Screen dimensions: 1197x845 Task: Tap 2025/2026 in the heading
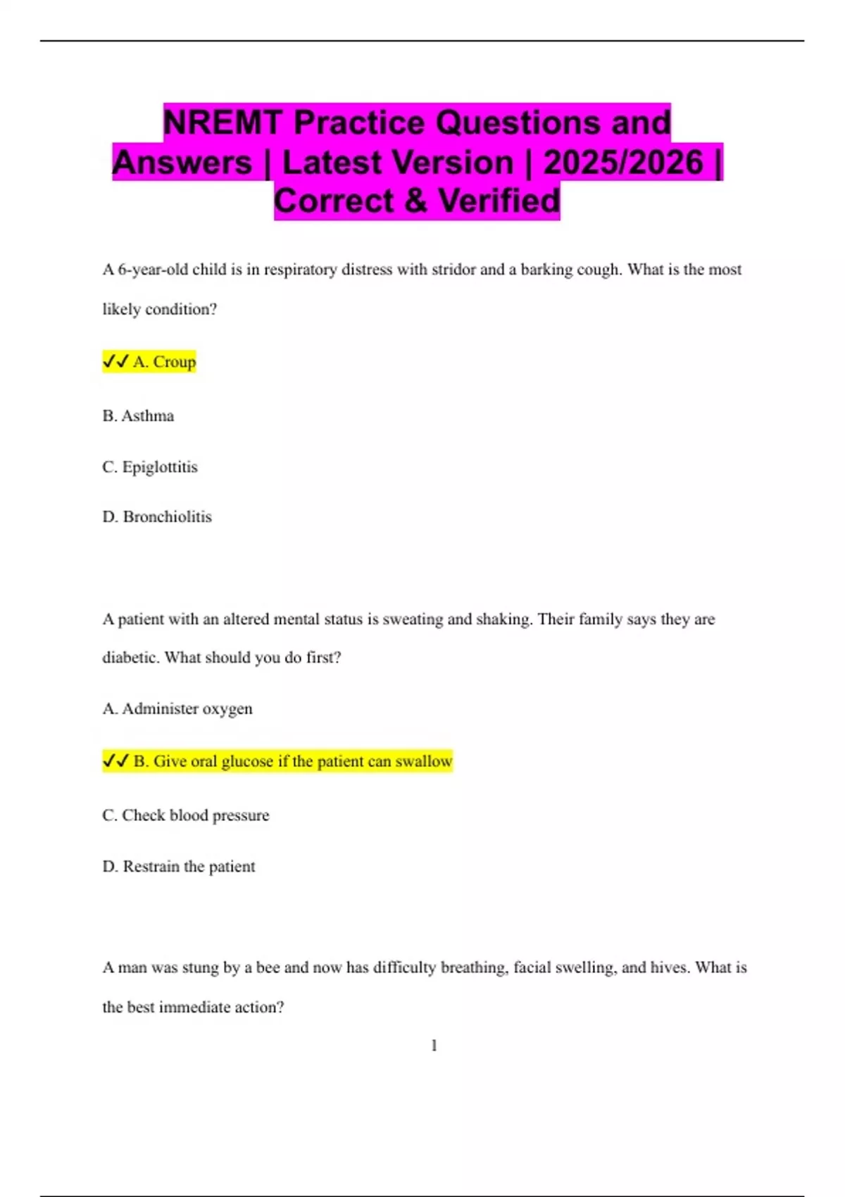pos(623,162)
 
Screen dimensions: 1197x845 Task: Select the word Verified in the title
pos(499,201)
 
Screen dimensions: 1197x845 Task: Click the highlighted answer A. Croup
pos(164,362)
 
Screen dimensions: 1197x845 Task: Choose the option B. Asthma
pos(138,416)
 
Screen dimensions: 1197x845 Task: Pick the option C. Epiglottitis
pos(150,467)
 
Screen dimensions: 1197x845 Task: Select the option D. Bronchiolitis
pos(157,517)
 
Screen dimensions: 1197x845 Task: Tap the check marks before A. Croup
pos(115,362)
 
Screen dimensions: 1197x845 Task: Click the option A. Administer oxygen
pos(177,709)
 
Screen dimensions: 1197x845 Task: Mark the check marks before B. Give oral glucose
pos(115,761)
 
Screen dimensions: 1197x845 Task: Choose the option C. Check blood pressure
pos(186,815)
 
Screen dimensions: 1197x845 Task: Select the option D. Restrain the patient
pos(179,867)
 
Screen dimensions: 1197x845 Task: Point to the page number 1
pos(434,1046)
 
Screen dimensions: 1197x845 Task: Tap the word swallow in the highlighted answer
pos(423,761)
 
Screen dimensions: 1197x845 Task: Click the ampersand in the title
pos(416,201)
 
